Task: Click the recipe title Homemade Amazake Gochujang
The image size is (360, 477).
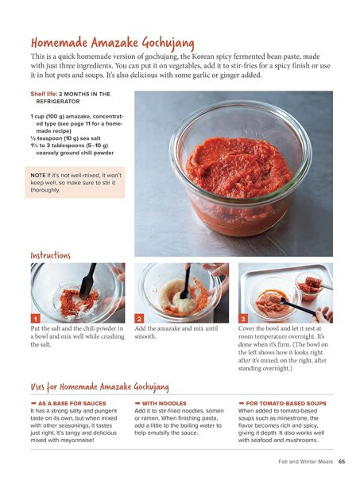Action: point(113,43)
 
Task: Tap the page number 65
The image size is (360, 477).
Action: point(342,461)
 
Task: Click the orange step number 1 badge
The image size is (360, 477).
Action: point(35,319)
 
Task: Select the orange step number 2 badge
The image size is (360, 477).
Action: point(139,319)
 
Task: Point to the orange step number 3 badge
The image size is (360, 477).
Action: point(243,319)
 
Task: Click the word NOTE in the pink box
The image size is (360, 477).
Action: point(38,175)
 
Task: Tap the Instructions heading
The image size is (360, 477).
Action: point(51,255)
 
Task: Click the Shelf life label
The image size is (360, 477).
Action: point(44,94)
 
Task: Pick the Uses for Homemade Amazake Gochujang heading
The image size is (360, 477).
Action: point(99,386)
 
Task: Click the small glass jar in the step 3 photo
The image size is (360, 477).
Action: point(308,286)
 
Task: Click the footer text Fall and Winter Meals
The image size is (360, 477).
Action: point(306,461)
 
